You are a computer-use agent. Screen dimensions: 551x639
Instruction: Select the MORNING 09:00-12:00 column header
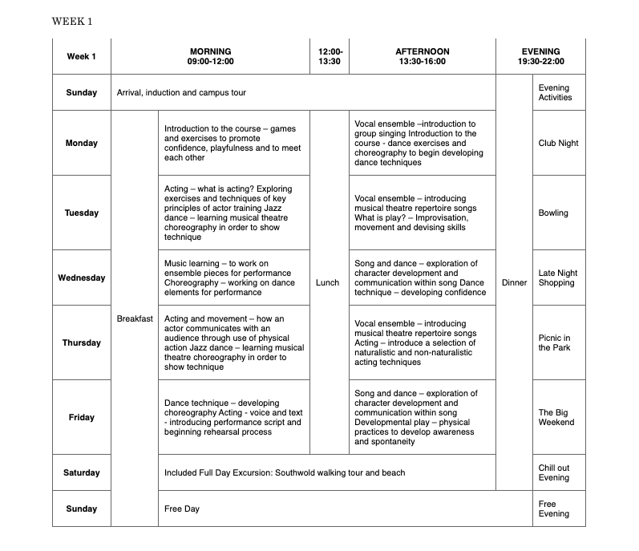[209, 56]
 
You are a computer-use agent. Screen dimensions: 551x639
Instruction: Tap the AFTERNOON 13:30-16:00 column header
[422, 56]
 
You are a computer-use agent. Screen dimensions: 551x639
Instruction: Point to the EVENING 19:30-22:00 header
[540, 56]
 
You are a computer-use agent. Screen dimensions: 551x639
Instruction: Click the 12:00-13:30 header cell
[330, 56]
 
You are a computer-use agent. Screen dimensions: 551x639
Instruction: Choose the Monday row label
[81, 143]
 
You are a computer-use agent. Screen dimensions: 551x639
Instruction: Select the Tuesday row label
[81, 213]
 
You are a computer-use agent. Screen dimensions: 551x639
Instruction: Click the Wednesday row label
[81, 278]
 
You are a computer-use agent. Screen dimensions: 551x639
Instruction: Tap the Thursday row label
[81, 342]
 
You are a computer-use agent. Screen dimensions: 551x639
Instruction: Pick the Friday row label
[81, 417]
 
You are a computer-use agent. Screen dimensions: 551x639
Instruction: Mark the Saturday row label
[81, 472]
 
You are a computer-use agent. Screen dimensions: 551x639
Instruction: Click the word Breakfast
[135, 318]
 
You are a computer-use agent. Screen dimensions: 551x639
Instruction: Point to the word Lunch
[328, 282]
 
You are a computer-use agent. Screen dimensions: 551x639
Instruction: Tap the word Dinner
[514, 282]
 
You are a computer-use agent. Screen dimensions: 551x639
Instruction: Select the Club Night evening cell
[558, 143]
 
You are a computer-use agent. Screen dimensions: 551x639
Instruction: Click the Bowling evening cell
[553, 213]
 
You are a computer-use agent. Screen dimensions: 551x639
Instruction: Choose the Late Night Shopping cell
[557, 278]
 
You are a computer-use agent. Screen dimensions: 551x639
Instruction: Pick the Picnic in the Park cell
[555, 342]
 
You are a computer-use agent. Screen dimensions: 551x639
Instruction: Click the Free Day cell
[182, 508]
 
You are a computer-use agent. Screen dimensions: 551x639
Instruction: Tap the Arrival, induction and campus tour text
[181, 93]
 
